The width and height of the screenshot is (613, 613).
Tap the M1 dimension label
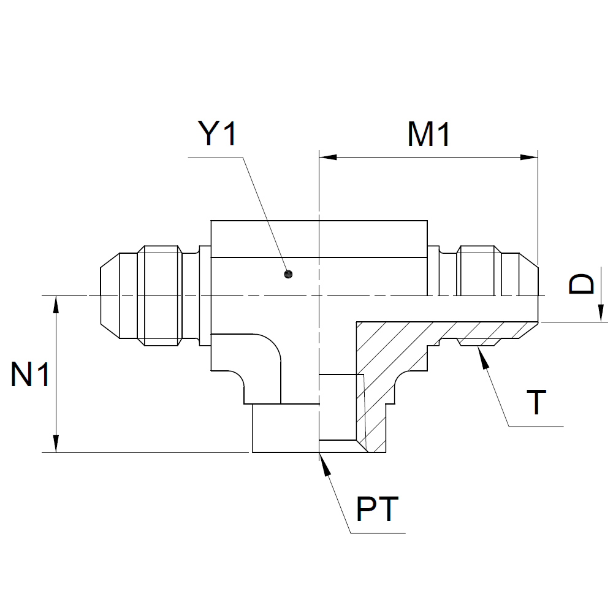tap(429, 134)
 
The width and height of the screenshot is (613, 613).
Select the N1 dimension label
tap(30, 374)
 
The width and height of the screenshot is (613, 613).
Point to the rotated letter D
tap(581, 283)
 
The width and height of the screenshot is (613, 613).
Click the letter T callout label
tap(536, 402)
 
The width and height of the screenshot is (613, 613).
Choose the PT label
tap(377, 509)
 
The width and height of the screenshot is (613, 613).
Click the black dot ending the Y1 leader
tap(288, 275)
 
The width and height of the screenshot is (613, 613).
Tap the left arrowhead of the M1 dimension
tap(328, 158)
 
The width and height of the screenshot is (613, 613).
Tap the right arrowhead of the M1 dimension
tap(529, 158)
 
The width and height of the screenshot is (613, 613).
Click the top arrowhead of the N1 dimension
tap(56, 305)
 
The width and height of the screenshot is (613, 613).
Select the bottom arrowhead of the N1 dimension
tap(56, 444)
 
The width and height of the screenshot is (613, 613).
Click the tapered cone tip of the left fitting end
tap(110, 296)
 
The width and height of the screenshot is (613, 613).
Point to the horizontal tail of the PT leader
tap(378, 533)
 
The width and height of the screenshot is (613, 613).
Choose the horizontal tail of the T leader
tap(536, 426)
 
